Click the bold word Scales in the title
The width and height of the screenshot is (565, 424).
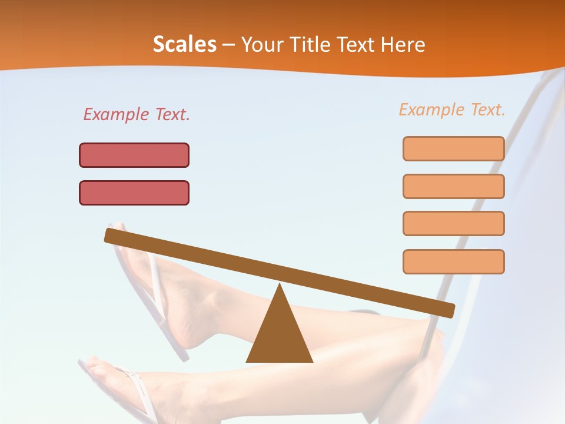pyautogui.click(x=185, y=45)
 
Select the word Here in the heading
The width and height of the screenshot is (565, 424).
pyautogui.click(x=404, y=45)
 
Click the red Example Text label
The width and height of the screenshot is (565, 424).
pyautogui.click(x=137, y=115)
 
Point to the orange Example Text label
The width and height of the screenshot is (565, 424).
pyautogui.click(x=452, y=110)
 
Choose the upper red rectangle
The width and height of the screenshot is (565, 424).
pyautogui.click(x=134, y=155)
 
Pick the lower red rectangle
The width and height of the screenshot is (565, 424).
pyautogui.click(x=134, y=193)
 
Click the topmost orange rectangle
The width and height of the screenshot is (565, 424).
pyautogui.click(x=453, y=148)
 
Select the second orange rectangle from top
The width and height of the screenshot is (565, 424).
pyautogui.click(x=453, y=186)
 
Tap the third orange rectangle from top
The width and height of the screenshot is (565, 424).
pyautogui.click(x=453, y=224)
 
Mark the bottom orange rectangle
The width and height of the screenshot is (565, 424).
pyautogui.click(x=453, y=261)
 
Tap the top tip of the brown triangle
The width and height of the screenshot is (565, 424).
pyautogui.click(x=279, y=285)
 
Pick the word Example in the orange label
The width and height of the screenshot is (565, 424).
pyautogui.click(x=431, y=110)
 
